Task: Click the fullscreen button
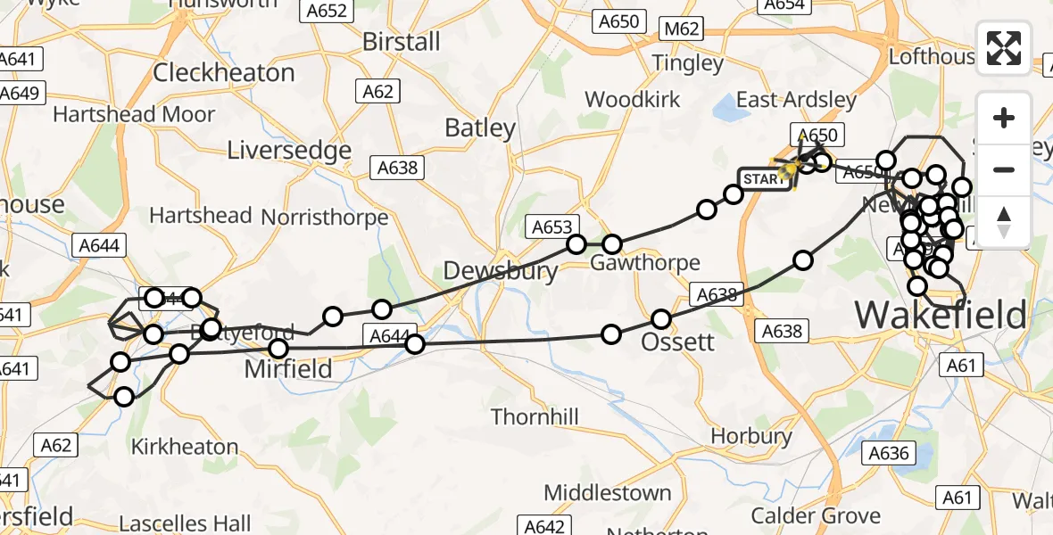tap(1004, 47)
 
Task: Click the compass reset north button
tap(1004, 222)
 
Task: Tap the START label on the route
tap(764, 179)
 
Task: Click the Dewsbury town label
tap(501, 271)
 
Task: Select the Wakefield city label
tap(941, 315)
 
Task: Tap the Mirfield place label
tap(288, 368)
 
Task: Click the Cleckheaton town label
tap(223, 72)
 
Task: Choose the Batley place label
tap(480, 128)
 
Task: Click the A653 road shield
tap(552, 227)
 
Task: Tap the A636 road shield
tap(890, 453)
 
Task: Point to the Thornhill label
tap(535, 416)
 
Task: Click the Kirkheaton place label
tap(185, 447)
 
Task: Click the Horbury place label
tap(751, 436)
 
